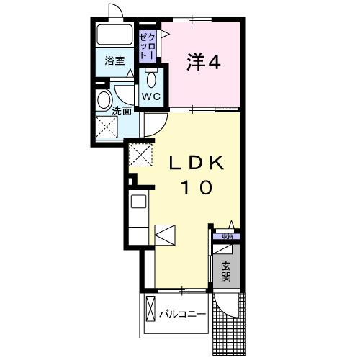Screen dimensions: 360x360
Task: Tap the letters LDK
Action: tap(196, 163)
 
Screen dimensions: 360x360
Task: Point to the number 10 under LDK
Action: tap(196, 189)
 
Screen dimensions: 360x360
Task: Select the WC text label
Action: tap(150, 96)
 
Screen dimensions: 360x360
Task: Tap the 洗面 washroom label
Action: tap(122, 112)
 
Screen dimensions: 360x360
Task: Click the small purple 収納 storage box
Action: tap(227, 236)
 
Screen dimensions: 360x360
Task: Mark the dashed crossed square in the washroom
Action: tap(107, 128)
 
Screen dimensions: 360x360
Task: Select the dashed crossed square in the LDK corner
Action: tap(139, 153)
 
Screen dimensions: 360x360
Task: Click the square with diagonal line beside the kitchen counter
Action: tap(164, 235)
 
